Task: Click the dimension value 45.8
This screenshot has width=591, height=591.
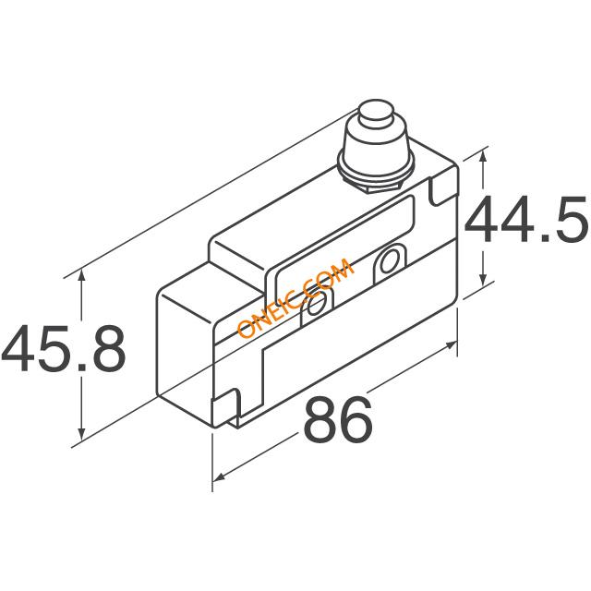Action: click(x=64, y=348)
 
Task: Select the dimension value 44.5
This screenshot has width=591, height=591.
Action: click(x=526, y=220)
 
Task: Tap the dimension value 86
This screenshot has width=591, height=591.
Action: click(x=338, y=418)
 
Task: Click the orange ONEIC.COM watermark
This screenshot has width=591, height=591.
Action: click(x=295, y=297)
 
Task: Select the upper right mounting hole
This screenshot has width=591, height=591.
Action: click(x=388, y=261)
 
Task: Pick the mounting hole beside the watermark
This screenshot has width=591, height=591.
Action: click(x=315, y=306)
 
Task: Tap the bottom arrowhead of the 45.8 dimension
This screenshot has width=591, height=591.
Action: click(x=81, y=433)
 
